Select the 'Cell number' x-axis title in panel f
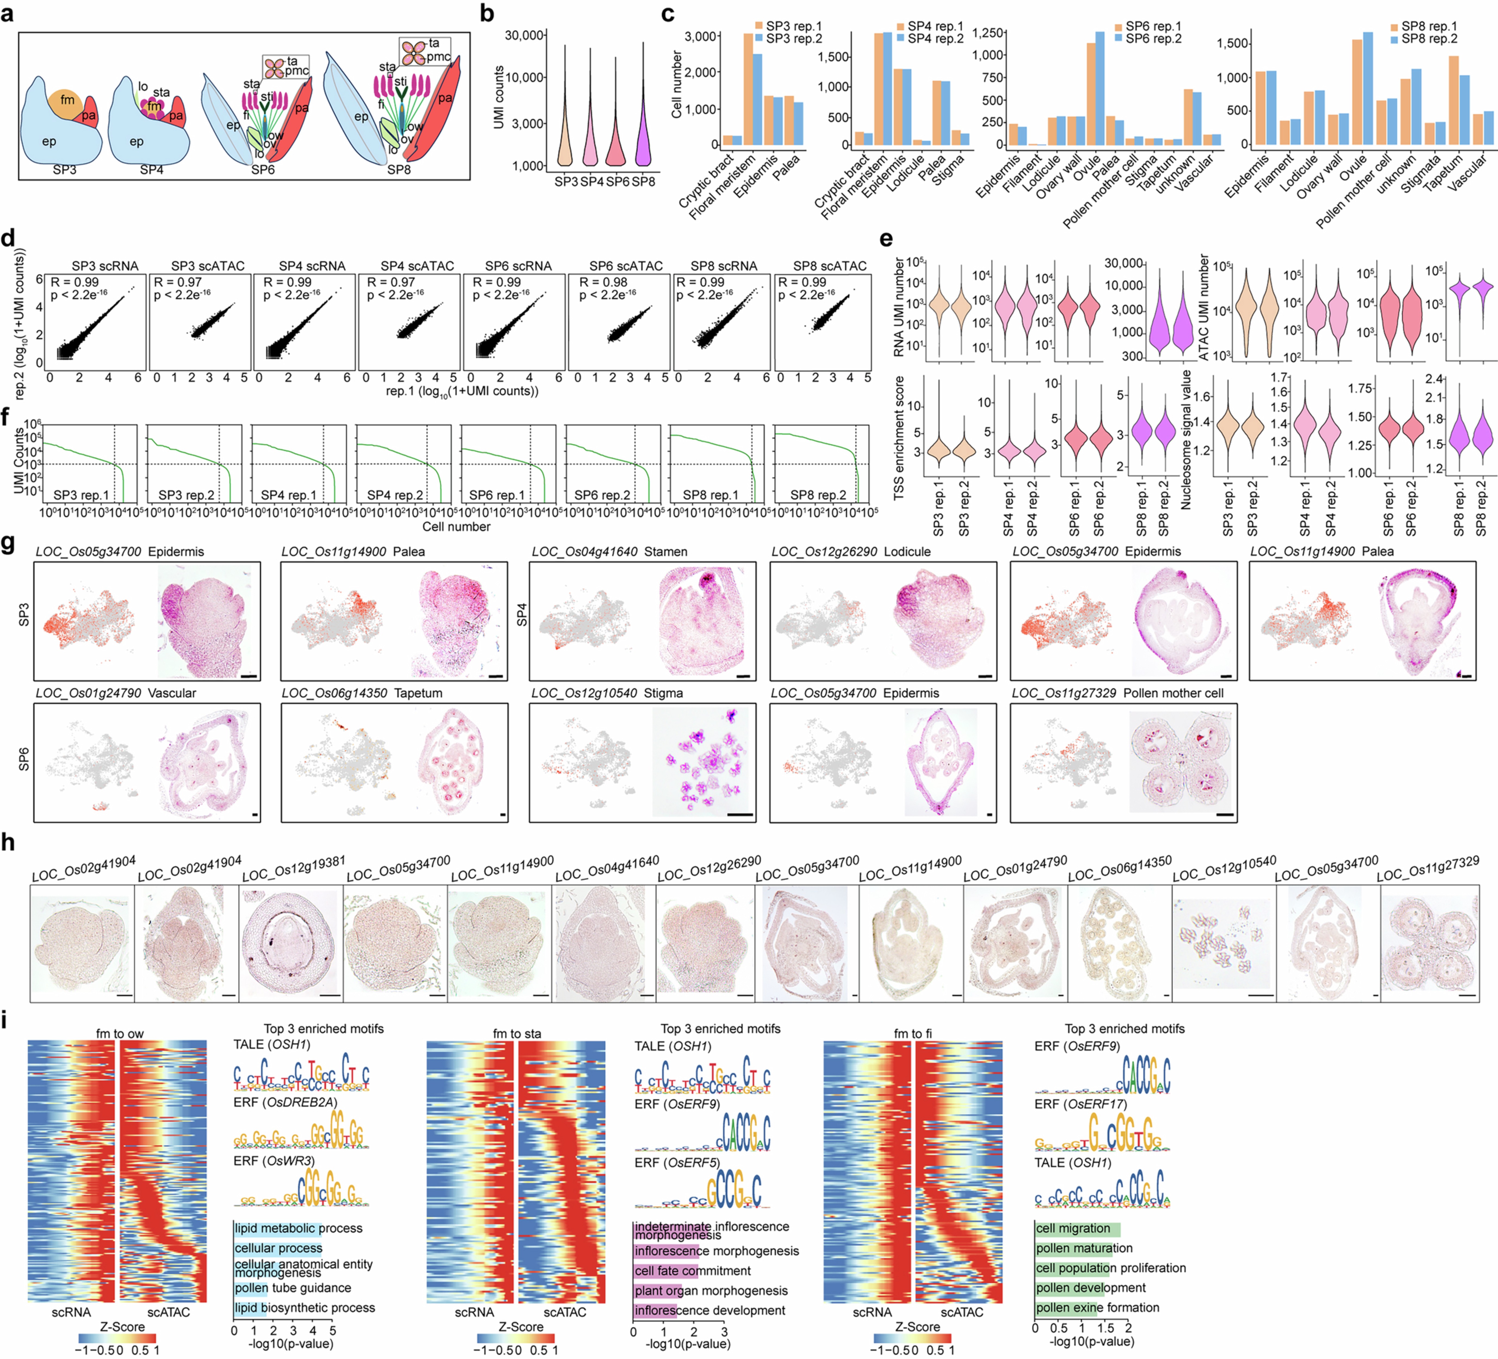[x=456, y=527]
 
